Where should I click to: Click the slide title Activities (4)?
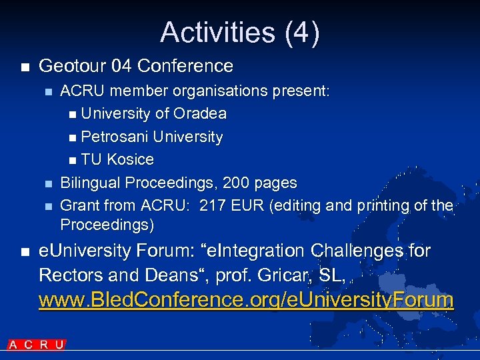[240, 32]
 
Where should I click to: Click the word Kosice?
[131, 160]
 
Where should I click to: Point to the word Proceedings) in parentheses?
[107, 225]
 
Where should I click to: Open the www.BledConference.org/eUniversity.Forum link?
[246, 300]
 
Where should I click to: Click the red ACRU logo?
[37, 345]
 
